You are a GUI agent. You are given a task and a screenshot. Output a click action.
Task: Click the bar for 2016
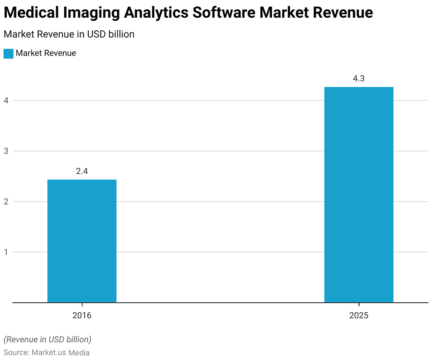tap(82, 241)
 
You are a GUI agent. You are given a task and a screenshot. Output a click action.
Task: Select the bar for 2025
tap(359, 195)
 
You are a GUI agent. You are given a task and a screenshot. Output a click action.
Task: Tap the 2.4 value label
tap(82, 171)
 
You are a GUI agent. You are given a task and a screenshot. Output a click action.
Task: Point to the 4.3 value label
tap(359, 78)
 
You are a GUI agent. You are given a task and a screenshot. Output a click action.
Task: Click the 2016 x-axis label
tap(82, 315)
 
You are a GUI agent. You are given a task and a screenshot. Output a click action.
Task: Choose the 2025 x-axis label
tap(359, 315)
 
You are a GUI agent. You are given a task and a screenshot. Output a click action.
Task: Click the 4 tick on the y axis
tap(6, 100)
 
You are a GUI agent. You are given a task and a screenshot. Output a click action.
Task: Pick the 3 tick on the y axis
tap(6, 151)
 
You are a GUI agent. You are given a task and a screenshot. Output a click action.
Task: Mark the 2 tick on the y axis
tap(6, 201)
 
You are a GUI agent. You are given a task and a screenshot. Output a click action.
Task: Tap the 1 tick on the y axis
tap(6, 252)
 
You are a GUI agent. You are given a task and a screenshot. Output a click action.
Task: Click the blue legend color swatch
tap(8, 54)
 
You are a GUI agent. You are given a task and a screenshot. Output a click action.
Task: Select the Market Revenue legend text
tap(46, 53)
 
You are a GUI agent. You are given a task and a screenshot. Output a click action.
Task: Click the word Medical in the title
tap(31, 13)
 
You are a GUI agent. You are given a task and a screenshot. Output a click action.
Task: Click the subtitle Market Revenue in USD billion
tap(69, 34)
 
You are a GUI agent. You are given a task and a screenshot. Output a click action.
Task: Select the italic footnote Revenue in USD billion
tap(47, 339)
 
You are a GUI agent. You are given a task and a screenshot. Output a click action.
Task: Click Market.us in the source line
tap(49, 352)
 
